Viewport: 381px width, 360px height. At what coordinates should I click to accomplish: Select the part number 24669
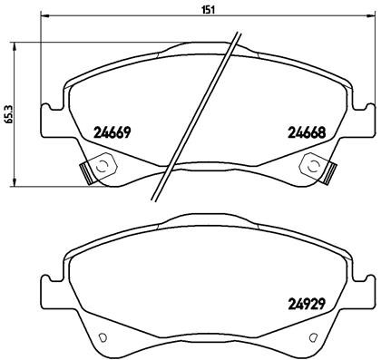click(113, 132)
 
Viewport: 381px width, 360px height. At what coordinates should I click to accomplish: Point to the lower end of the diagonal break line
click(158, 199)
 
